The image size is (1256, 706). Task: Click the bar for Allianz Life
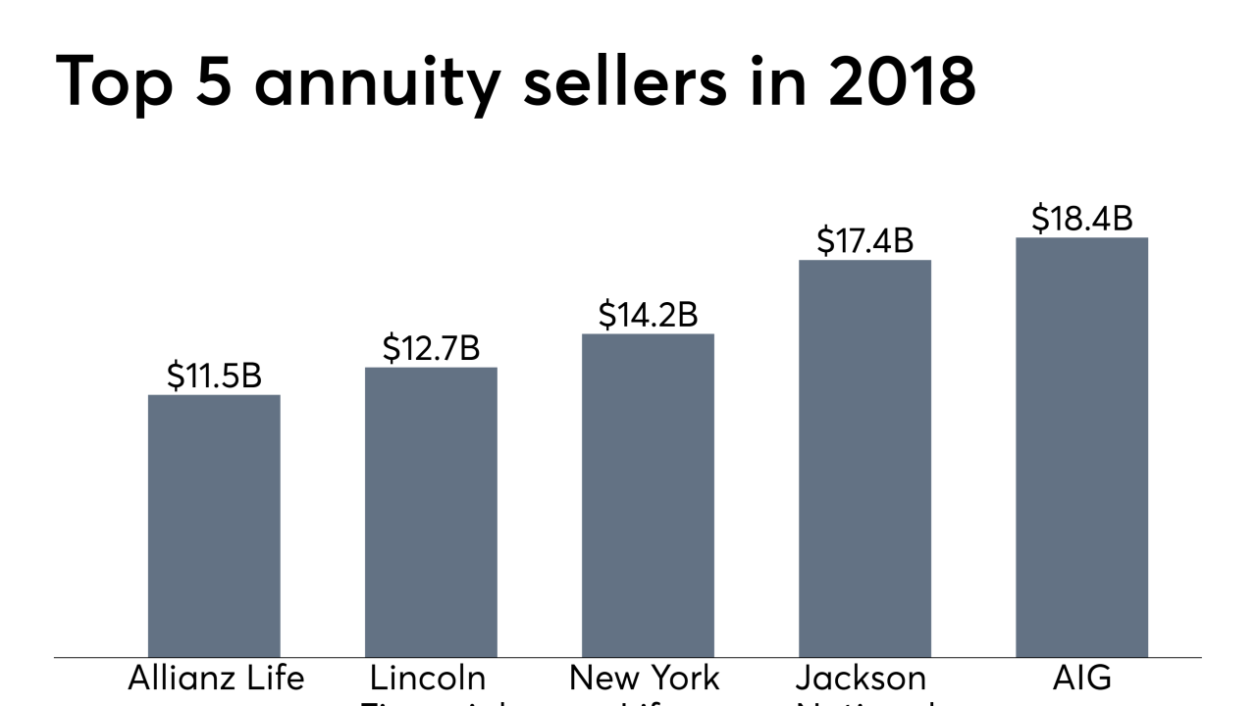(214, 526)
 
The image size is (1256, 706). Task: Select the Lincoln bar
(431, 512)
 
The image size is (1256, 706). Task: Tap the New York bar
(648, 495)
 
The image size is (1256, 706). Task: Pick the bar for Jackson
(864, 458)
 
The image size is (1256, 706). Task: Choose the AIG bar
(1081, 447)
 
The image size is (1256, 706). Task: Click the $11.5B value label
(214, 376)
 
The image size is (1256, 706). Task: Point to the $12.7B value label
(431, 348)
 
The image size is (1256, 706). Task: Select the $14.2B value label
(648, 315)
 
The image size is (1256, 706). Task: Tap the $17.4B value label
(864, 240)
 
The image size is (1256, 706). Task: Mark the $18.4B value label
(1081, 219)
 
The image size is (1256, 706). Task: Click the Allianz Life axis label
(216, 679)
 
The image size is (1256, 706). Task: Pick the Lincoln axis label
(428, 679)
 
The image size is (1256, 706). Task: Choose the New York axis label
(645, 679)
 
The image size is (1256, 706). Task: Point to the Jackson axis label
(861, 679)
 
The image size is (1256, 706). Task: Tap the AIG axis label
(1081, 679)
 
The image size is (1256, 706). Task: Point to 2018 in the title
(902, 80)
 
